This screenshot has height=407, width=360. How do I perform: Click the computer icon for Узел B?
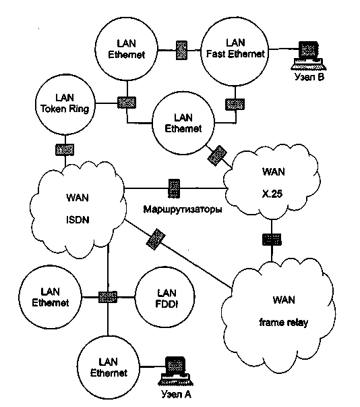pyautogui.click(x=308, y=56)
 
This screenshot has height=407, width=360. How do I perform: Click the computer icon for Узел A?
pyautogui.click(x=175, y=371)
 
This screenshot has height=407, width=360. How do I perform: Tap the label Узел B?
pyautogui.click(x=309, y=77)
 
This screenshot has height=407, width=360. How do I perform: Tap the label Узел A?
pyautogui.click(x=176, y=394)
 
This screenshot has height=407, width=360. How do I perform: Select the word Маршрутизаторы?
pyautogui.click(x=183, y=209)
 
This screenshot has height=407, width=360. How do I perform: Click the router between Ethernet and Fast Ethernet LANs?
pyautogui.click(x=181, y=50)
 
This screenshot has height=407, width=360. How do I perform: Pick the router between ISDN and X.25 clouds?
pyautogui.click(x=174, y=188)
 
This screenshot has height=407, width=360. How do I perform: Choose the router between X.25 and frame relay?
pyautogui.click(x=272, y=240)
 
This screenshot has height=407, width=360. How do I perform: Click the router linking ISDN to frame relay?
pyautogui.click(x=156, y=240)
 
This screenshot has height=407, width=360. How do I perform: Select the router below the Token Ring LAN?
pyautogui.click(x=65, y=150)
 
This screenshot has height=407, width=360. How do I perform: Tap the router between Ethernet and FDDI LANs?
pyautogui.click(x=108, y=297)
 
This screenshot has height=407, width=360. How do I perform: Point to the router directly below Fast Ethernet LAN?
pyautogui.click(x=235, y=105)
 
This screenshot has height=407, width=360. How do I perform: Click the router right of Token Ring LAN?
pyautogui.click(x=127, y=103)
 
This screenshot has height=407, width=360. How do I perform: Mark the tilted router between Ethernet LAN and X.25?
pyautogui.click(x=217, y=156)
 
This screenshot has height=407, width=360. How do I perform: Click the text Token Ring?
pyautogui.click(x=65, y=109)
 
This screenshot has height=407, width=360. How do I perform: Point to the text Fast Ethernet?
pyautogui.click(x=235, y=54)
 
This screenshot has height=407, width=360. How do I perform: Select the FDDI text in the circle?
pyautogui.click(x=167, y=304)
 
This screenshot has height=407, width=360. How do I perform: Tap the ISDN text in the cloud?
pyautogui.click(x=78, y=220)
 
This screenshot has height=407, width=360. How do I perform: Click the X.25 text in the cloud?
pyautogui.click(x=272, y=194)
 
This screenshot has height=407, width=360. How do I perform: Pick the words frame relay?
pyautogui.click(x=284, y=323)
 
